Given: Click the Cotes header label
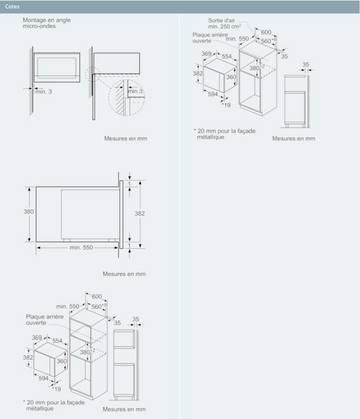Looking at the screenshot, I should [12, 7].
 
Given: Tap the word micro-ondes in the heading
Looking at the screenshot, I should [39, 26].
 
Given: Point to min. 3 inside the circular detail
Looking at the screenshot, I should [135, 91].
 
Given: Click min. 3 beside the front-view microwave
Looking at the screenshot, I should [44, 91].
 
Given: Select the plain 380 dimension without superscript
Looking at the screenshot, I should [28, 212].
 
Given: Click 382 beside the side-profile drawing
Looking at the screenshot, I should [140, 214].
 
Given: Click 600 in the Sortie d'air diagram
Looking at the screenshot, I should [266, 32].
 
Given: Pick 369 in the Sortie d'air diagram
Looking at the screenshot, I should [207, 54].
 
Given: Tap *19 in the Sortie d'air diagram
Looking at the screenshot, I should [226, 105].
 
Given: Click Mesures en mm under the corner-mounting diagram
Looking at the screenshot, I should [125, 138].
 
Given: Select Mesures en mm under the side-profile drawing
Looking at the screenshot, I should [124, 274].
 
